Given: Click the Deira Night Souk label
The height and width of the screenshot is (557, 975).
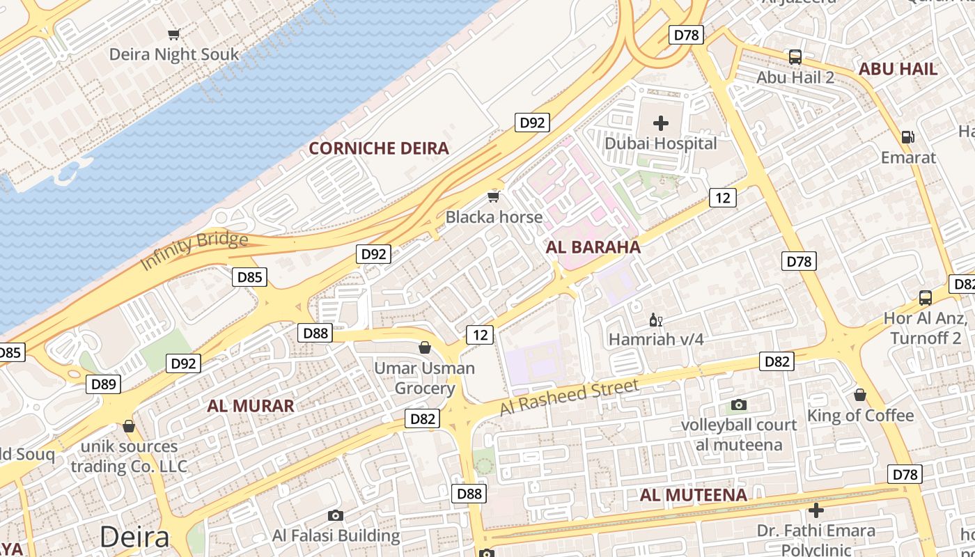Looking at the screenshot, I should (x=174, y=54).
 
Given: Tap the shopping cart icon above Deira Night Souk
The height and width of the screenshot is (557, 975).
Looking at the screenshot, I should (x=174, y=34).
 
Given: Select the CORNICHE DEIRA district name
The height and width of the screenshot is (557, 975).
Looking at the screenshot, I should (x=379, y=148).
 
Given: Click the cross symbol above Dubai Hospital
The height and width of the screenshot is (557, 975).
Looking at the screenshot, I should (x=660, y=124).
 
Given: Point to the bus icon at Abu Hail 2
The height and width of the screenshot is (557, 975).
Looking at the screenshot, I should (x=795, y=57).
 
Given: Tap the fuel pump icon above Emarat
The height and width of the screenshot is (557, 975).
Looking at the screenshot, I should (x=908, y=137).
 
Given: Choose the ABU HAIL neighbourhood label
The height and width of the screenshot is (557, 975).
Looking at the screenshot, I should (x=898, y=69).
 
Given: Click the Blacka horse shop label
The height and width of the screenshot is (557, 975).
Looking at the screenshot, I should (x=494, y=217).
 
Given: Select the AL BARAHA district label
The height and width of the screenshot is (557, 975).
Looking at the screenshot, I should (x=593, y=247).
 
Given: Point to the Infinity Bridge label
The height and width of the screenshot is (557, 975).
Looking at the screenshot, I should (x=194, y=251).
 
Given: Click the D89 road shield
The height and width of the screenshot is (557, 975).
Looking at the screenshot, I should (x=103, y=384).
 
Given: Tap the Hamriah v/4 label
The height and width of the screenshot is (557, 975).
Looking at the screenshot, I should (x=656, y=340).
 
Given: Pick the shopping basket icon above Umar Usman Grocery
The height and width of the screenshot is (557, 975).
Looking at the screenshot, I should (x=424, y=347).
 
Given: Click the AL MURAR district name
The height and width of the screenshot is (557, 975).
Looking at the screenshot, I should (x=251, y=406).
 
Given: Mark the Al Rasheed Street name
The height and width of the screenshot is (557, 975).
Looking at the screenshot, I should (x=568, y=398).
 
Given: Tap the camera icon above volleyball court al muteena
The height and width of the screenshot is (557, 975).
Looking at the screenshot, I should (x=739, y=405).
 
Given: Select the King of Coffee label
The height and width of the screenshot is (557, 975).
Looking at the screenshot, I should (x=860, y=416).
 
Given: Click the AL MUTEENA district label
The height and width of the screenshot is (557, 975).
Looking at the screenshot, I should (x=693, y=495).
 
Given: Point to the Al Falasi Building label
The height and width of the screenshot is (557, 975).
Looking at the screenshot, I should (x=336, y=536).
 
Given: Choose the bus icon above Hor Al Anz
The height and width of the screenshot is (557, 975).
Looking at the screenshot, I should (x=925, y=298).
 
